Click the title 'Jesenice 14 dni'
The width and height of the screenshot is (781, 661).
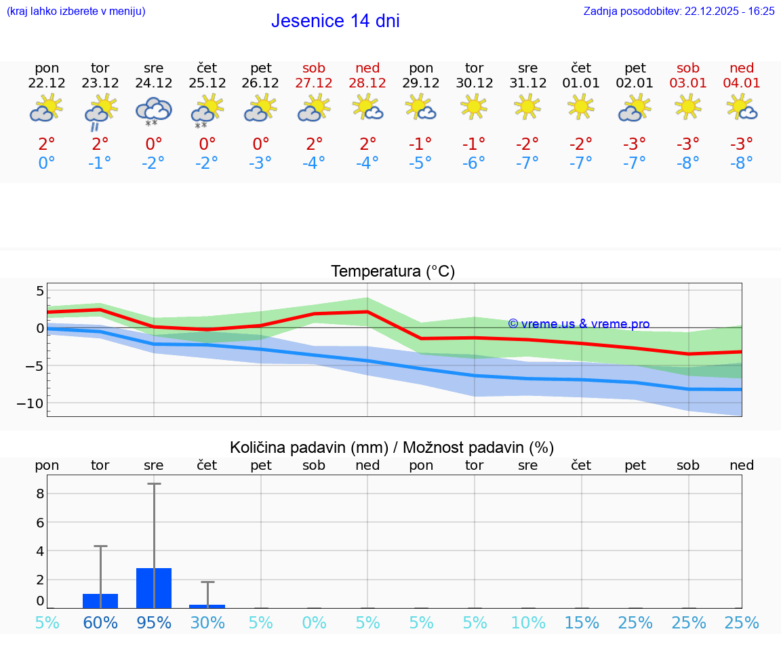tap(335, 21)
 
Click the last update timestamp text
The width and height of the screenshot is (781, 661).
tap(679, 11)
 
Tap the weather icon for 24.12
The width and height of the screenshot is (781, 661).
tap(154, 111)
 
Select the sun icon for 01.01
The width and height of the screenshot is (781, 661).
tap(581, 106)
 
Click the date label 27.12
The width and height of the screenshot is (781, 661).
tap(314, 83)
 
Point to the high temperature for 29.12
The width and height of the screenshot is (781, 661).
tap(421, 144)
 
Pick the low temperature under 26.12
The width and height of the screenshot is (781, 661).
tap(260, 163)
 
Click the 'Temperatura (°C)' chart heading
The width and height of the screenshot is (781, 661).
tap(393, 272)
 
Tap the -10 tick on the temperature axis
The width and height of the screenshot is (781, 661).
tap(31, 403)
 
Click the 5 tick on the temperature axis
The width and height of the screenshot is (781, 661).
tap(40, 292)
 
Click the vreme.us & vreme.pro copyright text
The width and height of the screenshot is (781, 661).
tap(578, 324)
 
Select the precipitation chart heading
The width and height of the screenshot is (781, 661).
tap(392, 447)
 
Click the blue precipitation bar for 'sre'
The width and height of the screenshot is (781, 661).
tap(154, 588)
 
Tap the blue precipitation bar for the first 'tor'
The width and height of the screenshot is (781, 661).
tap(100, 601)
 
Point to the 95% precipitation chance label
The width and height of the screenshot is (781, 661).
tap(154, 623)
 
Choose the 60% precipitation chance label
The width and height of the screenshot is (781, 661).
tap(100, 623)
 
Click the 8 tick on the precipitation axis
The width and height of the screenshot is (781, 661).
tap(40, 494)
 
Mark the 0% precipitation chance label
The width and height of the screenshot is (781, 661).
tap(314, 623)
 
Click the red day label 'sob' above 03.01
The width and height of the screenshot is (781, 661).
tap(688, 68)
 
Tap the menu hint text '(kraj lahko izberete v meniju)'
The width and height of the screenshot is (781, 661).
tap(76, 11)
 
